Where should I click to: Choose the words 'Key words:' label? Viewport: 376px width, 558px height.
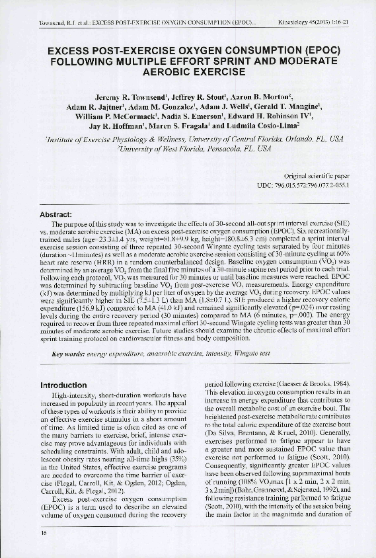point(68,354)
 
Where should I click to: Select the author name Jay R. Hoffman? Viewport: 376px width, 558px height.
point(116,128)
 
